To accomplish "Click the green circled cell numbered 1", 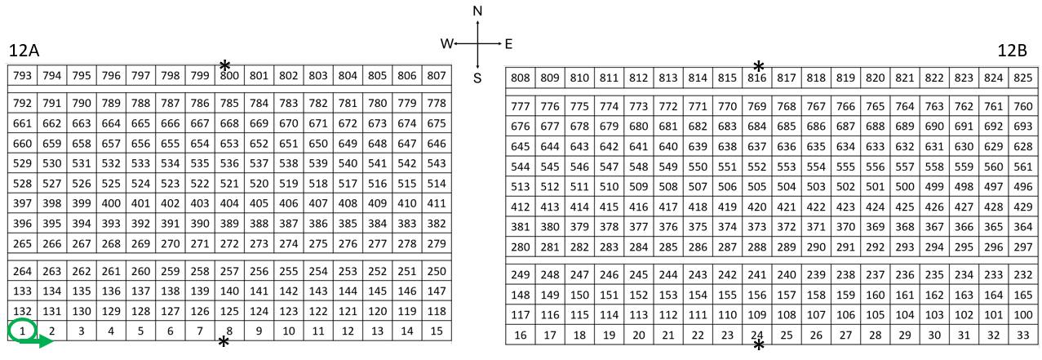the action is (x=22, y=331).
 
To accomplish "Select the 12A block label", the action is (x=24, y=51).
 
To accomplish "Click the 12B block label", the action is (x=1013, y=51).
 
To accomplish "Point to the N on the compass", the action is (x=477, y=11).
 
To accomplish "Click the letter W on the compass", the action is (x=446, y=44).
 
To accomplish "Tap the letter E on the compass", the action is (x=508, y=44).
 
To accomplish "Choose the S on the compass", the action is (x=477, y=78).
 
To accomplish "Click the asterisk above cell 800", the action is (x=225, y=65).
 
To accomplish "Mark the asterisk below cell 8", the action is (x=224, y=342).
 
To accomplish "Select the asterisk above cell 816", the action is (x=759, y=66).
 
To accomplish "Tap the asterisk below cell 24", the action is (x=759, y=345).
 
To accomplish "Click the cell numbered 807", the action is (x=437, y=75).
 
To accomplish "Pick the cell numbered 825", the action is (x=1023, y=78).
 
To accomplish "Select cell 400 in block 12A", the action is (x=111, y=203).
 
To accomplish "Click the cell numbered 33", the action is (x=1023, y=335).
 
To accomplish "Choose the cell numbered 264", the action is (x=22, y=271).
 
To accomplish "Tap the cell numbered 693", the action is (x=1023, y=126).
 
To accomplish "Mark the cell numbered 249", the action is (x=520, y=274).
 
